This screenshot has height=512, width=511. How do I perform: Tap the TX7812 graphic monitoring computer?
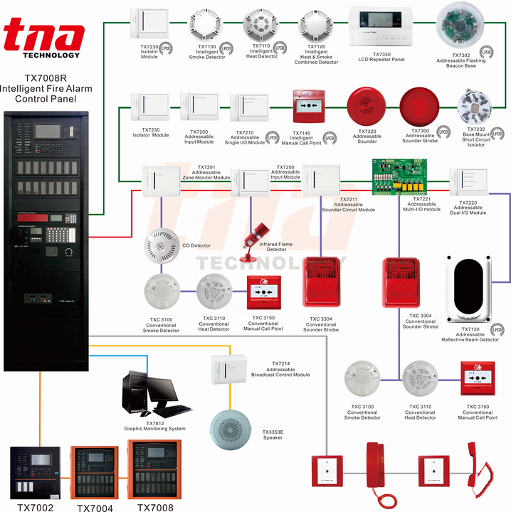[x=153, y=395]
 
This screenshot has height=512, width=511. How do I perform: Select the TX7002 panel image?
[x=36, y=473]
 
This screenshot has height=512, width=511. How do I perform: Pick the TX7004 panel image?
[x=94, y=473]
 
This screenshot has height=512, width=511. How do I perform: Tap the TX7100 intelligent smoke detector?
[x=206, y=26]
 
